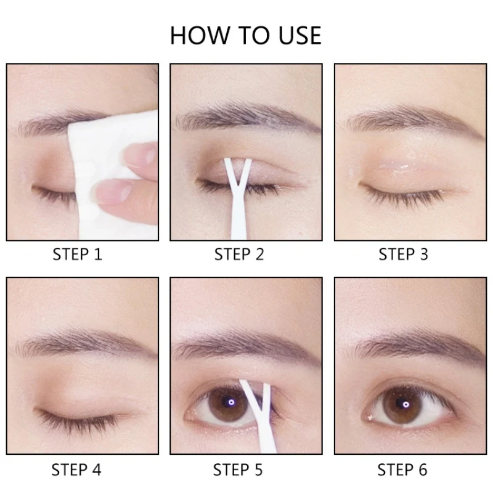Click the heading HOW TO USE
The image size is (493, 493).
(245, 35)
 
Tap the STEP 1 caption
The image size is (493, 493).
(78, 254)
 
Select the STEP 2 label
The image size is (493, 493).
(239, 254)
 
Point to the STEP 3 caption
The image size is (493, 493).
(403, 254)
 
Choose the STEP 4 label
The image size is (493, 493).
(76, 470)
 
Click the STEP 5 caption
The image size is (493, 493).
(238, 470)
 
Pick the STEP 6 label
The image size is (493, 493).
(402, 470)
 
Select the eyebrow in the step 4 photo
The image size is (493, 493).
(85, 343)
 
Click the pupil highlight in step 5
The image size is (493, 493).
(232, 402)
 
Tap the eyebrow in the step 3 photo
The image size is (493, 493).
(415, 121)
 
